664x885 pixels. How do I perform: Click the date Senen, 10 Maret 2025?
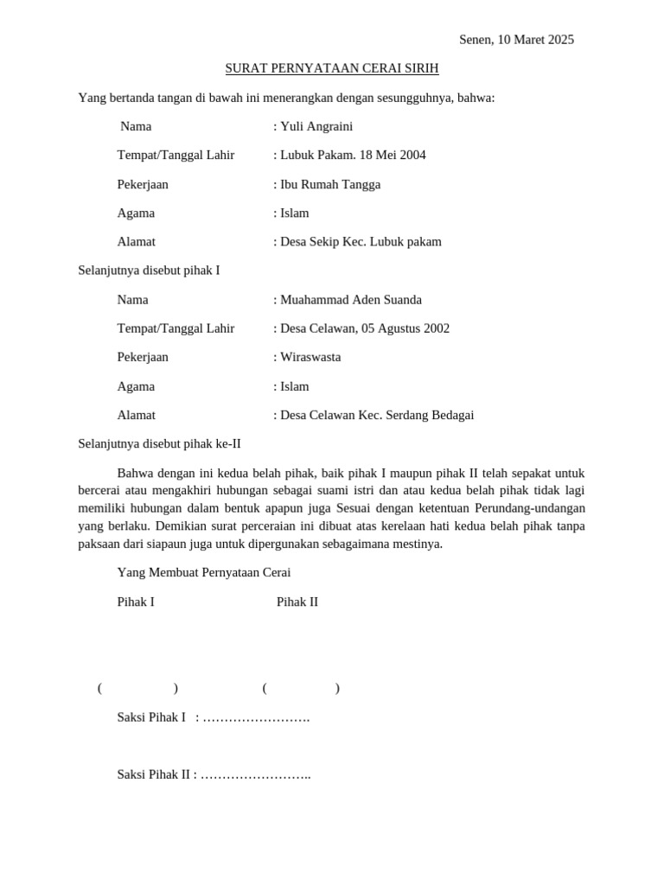pyautogui.click(x=516, y=40)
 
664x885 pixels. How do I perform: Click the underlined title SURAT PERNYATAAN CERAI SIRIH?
pyautogui.click(x=332, y=68)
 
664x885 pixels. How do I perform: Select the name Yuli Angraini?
pyautogui.click(x=316, y=126)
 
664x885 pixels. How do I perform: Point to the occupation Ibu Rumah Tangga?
pyautogui.click(x=330, y=184)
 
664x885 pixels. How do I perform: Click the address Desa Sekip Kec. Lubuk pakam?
pyautogui.click(x=361, y=242)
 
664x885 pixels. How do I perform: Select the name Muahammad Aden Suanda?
pyautogui.click(x=351, y=300)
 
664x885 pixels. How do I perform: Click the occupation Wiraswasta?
pyautogui.click(x=310, y=357)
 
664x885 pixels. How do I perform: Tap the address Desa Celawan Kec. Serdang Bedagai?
pyautogui.click(x=377, y=415)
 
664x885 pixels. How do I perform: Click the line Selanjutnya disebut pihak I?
pyautogui.click(x=149, y=271)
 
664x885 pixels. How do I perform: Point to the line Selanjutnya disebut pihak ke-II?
pyautogui.click(x=159, y=443)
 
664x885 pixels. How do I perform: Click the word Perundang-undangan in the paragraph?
pyautogui.click(x=530, y=508)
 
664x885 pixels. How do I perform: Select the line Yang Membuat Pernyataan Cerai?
pyautogui.click(x=204, y=572)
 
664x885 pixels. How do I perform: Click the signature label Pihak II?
pyautogui.click(x=297, y=602)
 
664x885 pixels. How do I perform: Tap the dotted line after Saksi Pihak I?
pyautogui.click(x=256, y=717)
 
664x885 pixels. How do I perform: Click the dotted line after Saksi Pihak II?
pyautogui.click(x=256, y=774)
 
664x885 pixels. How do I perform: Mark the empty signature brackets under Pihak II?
pyautogui.click(x=301, y=688)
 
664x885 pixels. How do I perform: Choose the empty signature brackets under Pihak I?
pyautogui.click(x=138, y=688)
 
